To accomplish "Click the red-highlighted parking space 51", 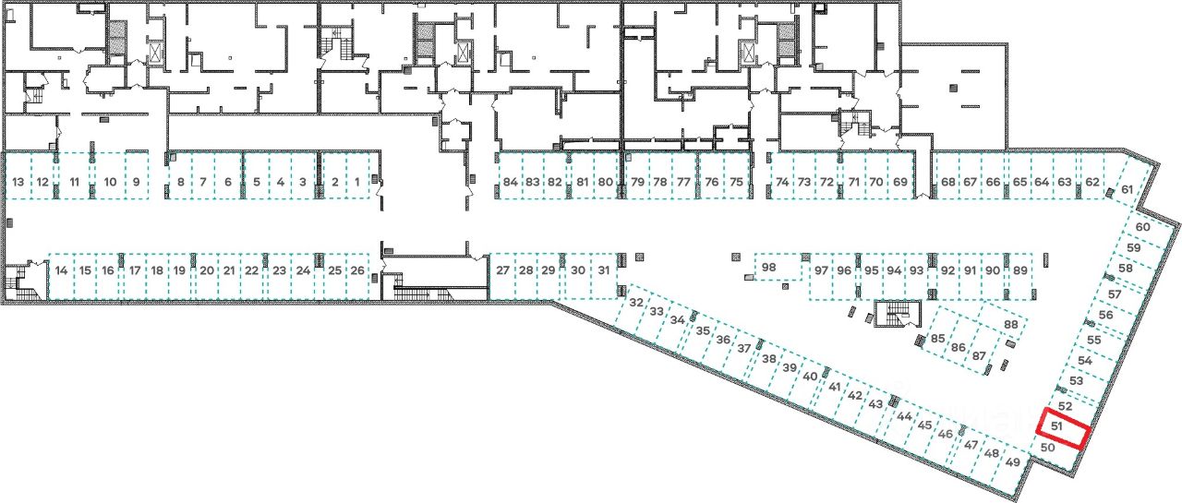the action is pyautogui.click(x=1062, y=428).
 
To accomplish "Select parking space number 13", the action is pyautogui.click(x=18, y=182).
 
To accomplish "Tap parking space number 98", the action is pyautogui.click(x=768, y=268).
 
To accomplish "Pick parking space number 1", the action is pyautogui.click(x=357, y=182).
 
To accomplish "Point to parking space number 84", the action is pyautogui.click(x=511, y=182).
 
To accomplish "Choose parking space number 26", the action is pyautogui.click(x=357, y=270).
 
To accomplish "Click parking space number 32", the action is pyautogui.click(x=635, y=303).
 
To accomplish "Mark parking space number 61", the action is pyautogui.click(x=1128, y=190).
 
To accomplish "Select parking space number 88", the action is pyautogui.click(x=1010, y=325).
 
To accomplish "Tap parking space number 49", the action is pyautogui.click(x=1014, y=462).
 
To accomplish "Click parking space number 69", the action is pyautogui.click(x=900, y=182).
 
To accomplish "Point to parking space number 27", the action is pyautogui.click(x=502, y=270).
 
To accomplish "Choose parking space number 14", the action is pyautogui.click(x=62, y=270).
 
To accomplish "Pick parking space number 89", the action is pyautogui.click(x=1019, y=270).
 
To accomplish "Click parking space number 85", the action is pyautogui.click(x=938, y=339).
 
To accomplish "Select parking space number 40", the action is pyautogui.click(x=811, y=377).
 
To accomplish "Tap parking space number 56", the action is pyautogui.click(x=1105, y=315).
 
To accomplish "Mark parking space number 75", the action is pyautogui.click(x=736, y=182).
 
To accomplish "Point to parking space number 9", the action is pyautogui.click(x=136, y=182).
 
